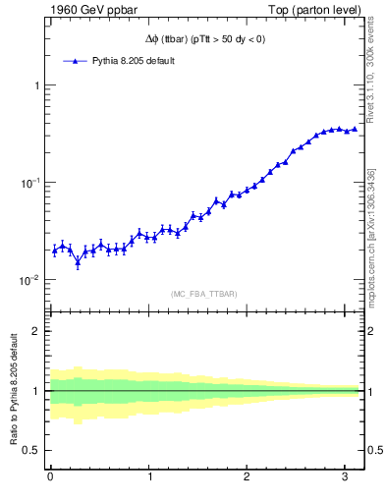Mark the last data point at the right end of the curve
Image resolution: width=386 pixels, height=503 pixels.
tap(355, 129)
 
